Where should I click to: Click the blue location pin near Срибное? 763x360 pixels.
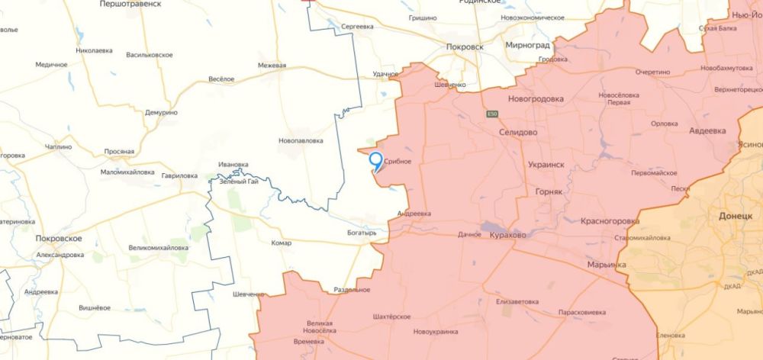click(375, 160)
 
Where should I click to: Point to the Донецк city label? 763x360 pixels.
click(735, 216)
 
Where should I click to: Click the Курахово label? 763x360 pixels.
click(507, 236)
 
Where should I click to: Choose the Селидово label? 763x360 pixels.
click(517, 131)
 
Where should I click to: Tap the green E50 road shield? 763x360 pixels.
click(493, 114)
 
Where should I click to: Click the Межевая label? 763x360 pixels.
click(272, 66)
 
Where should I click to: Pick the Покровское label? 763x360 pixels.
click(59, 239)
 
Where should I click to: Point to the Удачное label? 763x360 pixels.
click(386, 74)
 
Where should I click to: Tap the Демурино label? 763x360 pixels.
click(161, 112)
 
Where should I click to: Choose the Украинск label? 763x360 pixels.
click(546, 164)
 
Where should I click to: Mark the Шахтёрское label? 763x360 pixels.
click(391, 317)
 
